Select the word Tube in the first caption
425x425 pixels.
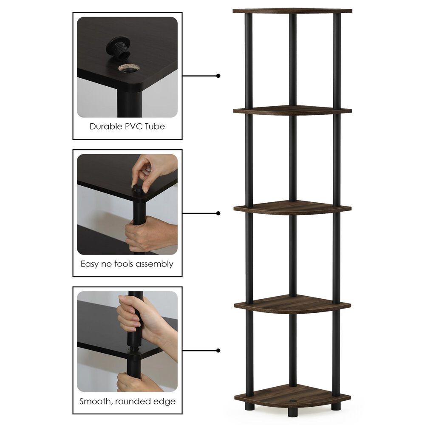(155, 126)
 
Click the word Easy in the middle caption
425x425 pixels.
(90, 264)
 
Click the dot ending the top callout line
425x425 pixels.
(218, 76)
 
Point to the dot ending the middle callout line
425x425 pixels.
(218, 213)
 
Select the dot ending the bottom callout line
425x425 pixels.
(218, 351)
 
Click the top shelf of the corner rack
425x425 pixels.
(292, 10)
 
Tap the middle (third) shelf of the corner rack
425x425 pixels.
(292, 208)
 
